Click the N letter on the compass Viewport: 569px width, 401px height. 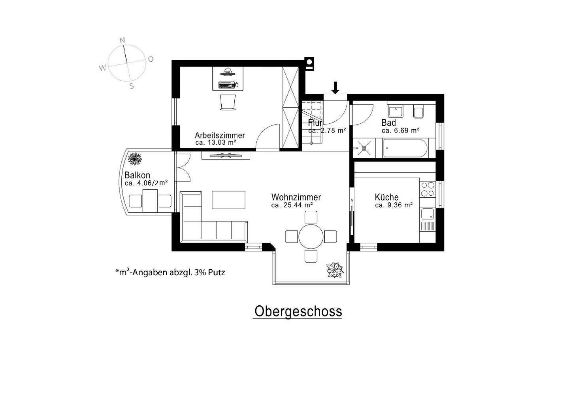pos(122,40)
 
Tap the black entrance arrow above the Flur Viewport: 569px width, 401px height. pos(335,88)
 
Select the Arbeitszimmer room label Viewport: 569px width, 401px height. pos(220,135)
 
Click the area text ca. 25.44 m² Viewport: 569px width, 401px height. pos(292,205)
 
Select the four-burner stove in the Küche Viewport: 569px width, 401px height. pos(427,189)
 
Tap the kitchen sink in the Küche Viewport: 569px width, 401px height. pos(427,214)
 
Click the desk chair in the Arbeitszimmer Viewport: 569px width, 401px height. pos(228,102)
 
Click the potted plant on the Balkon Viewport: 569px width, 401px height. pos(135,159)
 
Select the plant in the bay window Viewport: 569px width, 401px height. pos(335,270)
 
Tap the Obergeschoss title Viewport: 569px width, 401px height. pos(298,311)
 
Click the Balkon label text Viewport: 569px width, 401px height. pos(137,175)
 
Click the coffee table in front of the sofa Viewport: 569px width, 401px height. pos(229,200)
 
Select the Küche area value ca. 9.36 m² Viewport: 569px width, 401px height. pos(394,205)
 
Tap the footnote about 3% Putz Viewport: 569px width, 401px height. pos(170,272)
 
